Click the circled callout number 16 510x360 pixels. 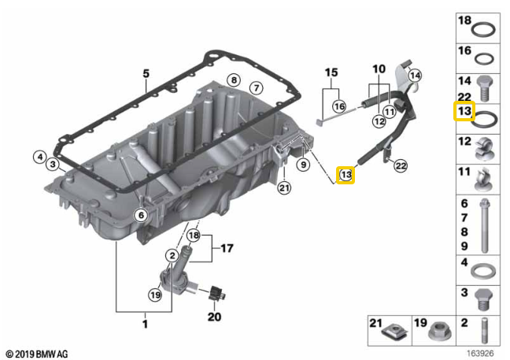pyautogui.click(x=339, y=106)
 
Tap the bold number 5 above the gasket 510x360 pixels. pyautogui.click(x=146, y=73)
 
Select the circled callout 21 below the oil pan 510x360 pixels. pyautogui.click(x=284, y=187)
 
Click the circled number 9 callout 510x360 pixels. pyautogui.click(x=303, y=165)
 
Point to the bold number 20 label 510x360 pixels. pyautogui.click(x=214, y=317)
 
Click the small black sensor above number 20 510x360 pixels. pyautogui.click(x=216, y=291)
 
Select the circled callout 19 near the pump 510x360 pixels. pyautogui.click(x=155, y=295)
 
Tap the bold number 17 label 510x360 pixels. pyautogui.click(x=227, y=248)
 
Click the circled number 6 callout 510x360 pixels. pyautogui.click(x=141, y=215)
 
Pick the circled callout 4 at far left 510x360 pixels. pyautogui.click(x=40, y=158)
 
